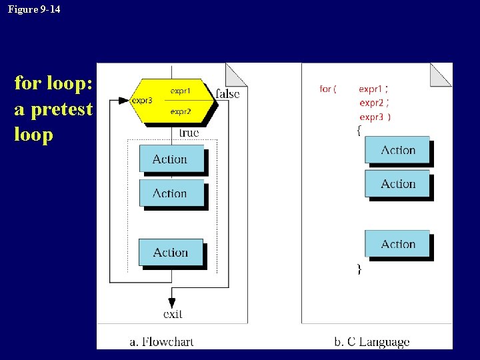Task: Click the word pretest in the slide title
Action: coord(53,109)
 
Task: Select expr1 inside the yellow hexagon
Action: coord(181,90)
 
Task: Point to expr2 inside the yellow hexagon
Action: coord(181,112)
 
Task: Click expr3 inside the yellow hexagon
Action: coord(142,101)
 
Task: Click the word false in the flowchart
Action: coord(227,94)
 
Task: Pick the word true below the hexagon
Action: coord(189,133)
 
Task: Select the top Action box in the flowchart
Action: coord(171,159)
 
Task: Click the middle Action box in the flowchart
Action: coord(171,193)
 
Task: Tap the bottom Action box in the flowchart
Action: coord(171,253)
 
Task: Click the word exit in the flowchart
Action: coord(173,313)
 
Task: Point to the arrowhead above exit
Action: coord(172,301)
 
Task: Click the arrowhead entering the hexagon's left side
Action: coord(123,101)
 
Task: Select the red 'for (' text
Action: coord(328,89)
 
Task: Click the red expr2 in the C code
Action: coord(371,103)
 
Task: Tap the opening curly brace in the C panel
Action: coord(359,131)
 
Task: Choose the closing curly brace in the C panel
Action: coord(359,269)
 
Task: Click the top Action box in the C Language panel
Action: coord(397,151)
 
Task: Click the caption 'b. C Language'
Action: coord(371,342)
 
